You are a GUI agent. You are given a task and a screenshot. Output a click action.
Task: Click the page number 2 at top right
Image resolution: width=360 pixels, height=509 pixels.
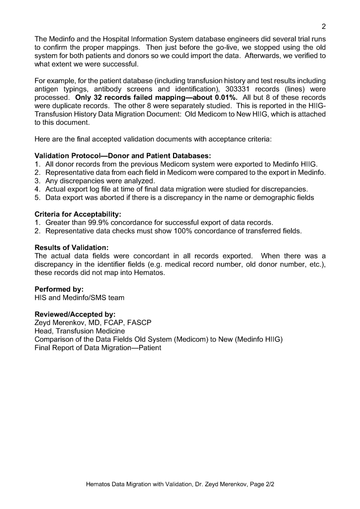click(x=323, y=26)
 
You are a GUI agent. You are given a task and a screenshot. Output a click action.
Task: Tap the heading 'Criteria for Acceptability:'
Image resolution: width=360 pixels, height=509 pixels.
click(x=78, y=214)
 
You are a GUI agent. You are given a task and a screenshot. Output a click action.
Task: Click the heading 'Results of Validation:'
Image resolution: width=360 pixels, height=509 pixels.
click(x=72, y=248)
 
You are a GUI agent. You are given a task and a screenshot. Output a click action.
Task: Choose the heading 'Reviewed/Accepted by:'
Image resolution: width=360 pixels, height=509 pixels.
click(x=75, y=315)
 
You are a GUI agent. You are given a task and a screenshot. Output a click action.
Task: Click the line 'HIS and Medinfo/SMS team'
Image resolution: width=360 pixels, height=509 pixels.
click(x=80, y=298)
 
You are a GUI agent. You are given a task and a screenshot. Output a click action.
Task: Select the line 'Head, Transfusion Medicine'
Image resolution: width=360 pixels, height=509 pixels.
click(x=80, y=331)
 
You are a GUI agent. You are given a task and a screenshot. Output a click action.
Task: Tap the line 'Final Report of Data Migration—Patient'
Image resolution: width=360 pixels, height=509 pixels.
click(x=98, y=348)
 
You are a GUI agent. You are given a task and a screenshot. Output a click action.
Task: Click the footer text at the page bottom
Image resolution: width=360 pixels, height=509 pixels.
click(x=180, y=483)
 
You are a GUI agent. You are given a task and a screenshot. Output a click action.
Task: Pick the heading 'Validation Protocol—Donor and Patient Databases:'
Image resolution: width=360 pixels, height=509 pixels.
click(x=123, y=156)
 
